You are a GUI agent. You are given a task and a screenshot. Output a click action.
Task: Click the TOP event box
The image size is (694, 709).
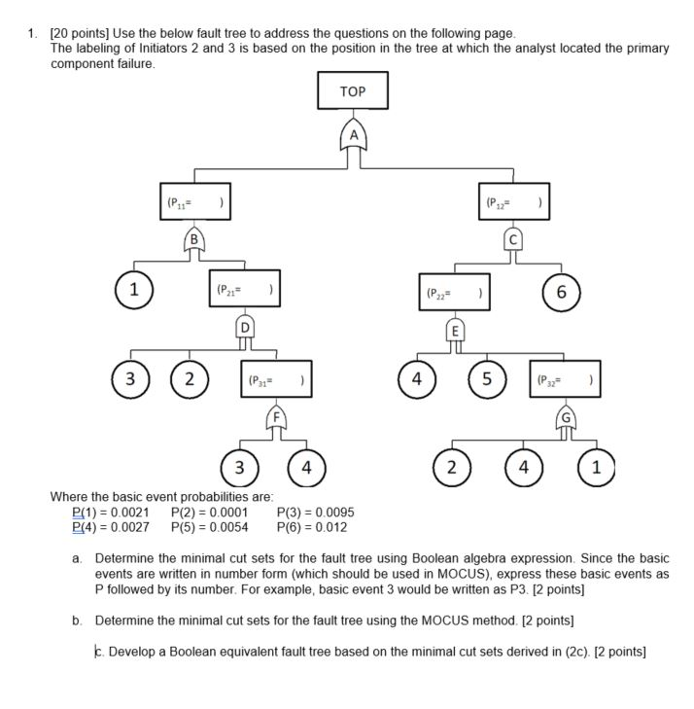click(x=353, y=91)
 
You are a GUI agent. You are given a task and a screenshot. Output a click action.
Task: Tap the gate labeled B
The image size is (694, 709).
click(x=195, y=238)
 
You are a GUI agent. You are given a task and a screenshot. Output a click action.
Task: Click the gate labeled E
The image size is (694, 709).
click(x=453, y=327)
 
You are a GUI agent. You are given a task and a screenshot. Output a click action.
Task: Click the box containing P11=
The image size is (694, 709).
click(x=195, y=202)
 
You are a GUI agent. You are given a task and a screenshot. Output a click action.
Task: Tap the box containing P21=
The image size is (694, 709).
click(x=245, y=290)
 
